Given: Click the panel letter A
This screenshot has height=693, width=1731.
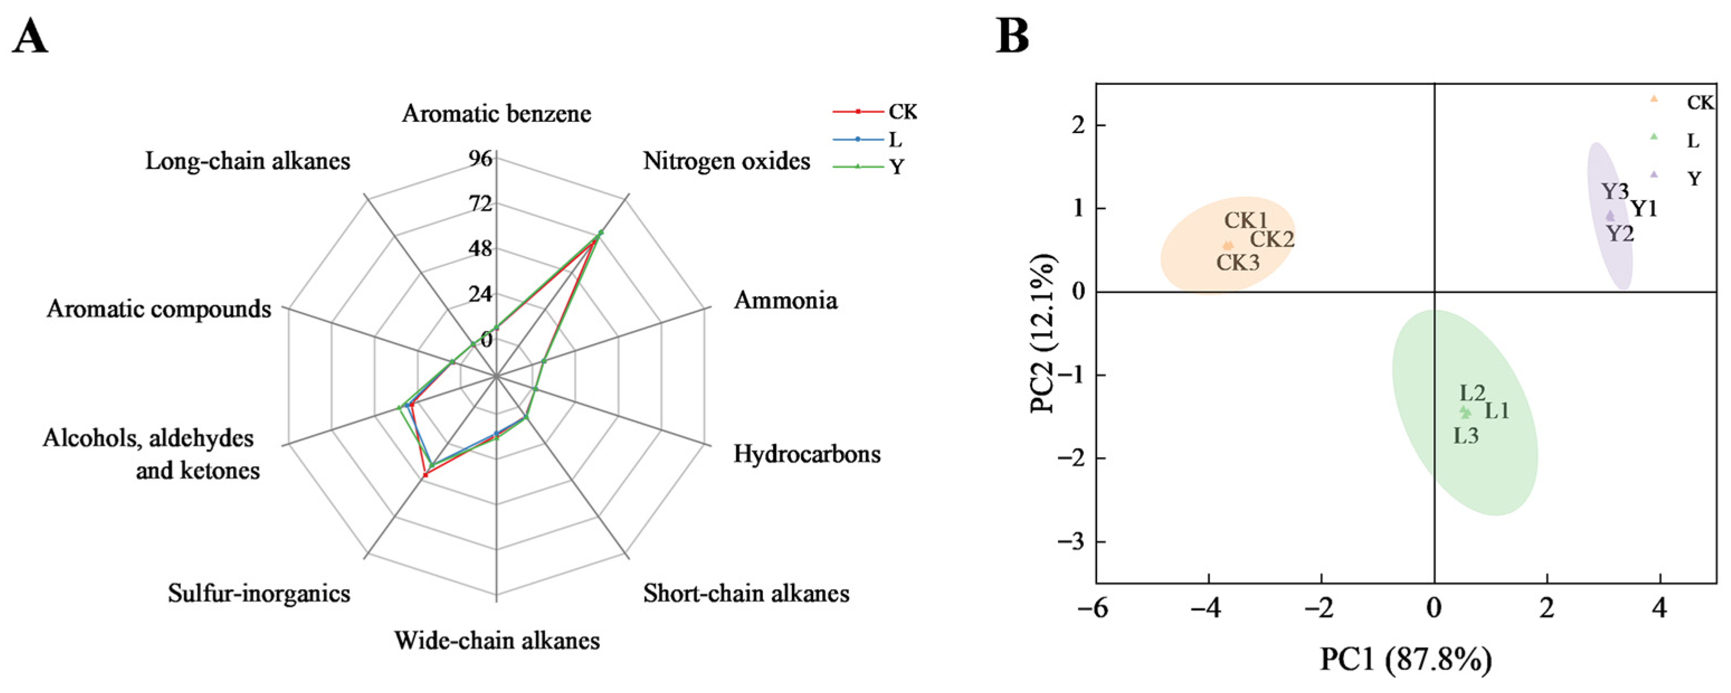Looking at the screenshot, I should (x=30, y=37).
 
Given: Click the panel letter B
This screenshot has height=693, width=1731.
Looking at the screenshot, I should (x=1012, y=37).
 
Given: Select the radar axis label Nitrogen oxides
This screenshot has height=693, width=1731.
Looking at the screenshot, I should (x=726, y=162).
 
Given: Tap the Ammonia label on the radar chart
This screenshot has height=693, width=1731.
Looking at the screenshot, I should (x=785, y=301).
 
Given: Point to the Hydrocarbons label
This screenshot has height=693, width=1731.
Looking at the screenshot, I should (x=807, y=454).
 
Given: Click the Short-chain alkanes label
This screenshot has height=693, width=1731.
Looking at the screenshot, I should (x=746, y=594).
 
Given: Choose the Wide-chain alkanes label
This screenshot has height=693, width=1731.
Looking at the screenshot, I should (x=497, y=640).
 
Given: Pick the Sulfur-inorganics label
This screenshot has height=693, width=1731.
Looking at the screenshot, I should (x=259, y=594).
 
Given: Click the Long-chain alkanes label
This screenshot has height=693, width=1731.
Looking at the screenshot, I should (x=248, y=162).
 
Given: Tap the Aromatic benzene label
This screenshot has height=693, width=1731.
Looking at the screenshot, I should (x=497, y=113).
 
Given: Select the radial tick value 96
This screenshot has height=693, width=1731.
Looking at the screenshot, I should (x=481, y=159).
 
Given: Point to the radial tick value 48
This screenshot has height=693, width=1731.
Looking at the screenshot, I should (x=481, y=249).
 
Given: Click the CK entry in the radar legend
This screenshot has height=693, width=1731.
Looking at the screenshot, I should (x=902, y=112).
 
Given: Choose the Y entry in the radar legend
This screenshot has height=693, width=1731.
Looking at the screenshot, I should (x=897, y=166).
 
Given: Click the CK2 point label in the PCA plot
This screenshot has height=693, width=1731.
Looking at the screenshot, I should (x=1271, y=239).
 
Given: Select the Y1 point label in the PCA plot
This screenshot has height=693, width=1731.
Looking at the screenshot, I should (x=1644, y=209).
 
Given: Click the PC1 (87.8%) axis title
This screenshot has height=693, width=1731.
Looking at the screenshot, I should (x=1406, y=660).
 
